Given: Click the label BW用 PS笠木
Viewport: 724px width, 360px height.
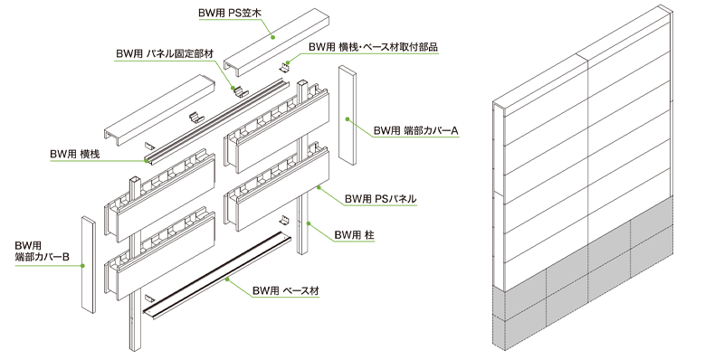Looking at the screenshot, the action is click(x=230, y=13).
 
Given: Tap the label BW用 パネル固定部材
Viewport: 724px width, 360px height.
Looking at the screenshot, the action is click(x=165, y=53).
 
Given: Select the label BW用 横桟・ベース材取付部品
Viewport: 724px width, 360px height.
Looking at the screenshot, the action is click(x=373, y=47).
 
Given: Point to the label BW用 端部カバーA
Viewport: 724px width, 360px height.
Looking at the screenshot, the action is click(x=415, y=130).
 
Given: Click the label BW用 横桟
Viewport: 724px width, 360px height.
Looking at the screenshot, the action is click(x=75, y=154).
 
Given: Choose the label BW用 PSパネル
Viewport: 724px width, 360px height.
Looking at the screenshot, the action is click(x=380, y=199).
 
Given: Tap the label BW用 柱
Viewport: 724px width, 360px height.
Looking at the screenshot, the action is click(x=354, y=235).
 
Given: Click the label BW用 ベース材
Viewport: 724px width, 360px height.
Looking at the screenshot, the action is click(x=285, y=290).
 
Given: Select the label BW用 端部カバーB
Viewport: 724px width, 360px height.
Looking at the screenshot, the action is click(x=42, y=251).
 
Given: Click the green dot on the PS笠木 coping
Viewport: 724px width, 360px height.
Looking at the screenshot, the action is click(x=273, y=36).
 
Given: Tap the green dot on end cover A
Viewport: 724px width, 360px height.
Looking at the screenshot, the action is click(x=348, y=119).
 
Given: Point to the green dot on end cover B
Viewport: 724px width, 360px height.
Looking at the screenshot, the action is click(x=83, y=266).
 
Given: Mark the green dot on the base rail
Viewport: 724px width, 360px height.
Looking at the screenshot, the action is click(x=227, y=279).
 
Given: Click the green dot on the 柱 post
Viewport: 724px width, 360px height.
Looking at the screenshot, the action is click(x=309, y=223).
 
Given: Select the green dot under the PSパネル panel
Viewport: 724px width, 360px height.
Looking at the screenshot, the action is click(x=319, y=187).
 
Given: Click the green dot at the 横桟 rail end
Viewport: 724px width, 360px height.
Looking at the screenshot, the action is click(x=147, y=161).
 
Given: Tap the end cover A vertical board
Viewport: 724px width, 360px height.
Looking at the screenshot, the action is click(x=348, y=115).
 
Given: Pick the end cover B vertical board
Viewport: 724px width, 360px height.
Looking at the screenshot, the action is click(x=89, y=264).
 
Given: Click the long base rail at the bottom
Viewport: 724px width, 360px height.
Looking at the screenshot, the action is click(x=218, y=276).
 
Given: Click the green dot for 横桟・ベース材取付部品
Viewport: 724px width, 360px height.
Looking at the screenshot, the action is click(x=287, y=62).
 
